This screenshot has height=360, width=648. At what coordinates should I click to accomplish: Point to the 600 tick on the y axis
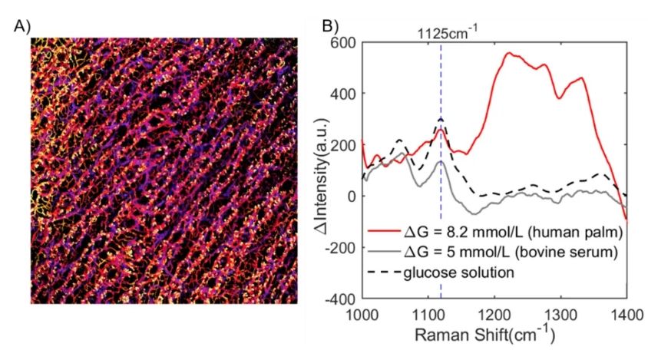click(x=342, y=42)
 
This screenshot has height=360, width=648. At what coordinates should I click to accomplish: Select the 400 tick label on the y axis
click(x=342, y=94)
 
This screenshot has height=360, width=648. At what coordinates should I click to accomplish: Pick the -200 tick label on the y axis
click(x=339, y=247)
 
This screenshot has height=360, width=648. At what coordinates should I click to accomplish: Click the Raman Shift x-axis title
click(x=494, y=335)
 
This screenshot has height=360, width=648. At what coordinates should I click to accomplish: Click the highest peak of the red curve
click(x=508, y=53)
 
